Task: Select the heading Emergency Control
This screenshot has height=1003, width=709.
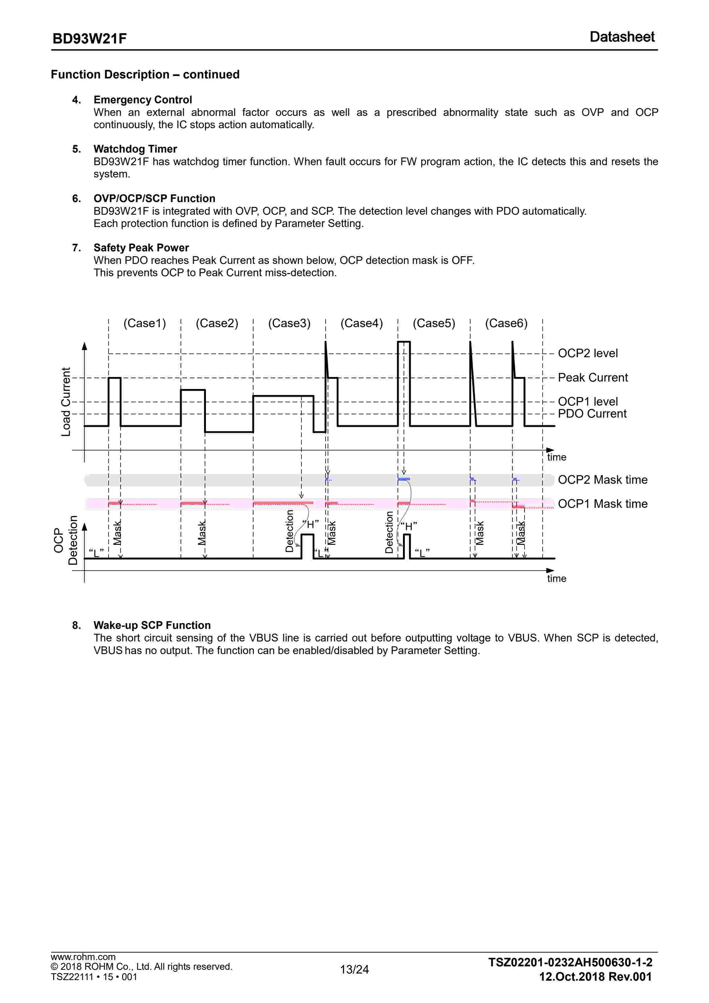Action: (143, 100)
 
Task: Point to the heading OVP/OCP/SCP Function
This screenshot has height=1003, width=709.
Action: (154, 198)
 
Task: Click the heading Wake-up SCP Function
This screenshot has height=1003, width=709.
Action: (152, 625)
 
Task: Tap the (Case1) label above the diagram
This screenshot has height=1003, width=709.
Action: (144, 323)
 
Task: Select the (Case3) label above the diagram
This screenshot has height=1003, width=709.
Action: (289, 323)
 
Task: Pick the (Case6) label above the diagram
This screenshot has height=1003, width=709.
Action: (506, 323)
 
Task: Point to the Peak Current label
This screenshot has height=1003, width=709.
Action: (592, 378)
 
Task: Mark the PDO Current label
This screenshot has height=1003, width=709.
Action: (592, 414)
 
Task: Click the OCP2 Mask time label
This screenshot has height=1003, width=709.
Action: (603, 480)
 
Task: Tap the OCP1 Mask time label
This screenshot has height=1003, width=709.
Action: (603, 504)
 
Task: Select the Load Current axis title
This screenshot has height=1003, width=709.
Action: (65, 402)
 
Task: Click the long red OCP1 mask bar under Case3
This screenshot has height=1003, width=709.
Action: (283, 503)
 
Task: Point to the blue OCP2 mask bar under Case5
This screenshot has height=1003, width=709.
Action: (404, 479)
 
